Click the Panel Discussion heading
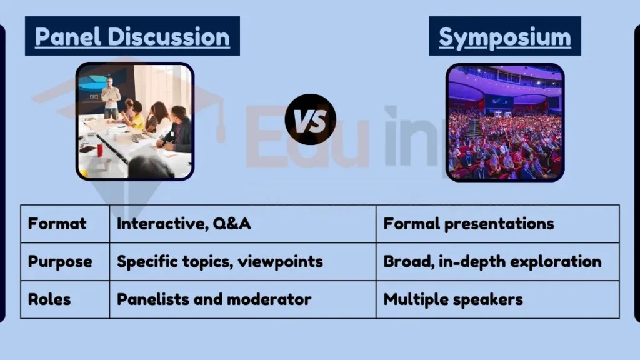click(132, 36)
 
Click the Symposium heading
click(504, 37)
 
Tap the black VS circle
click(310, 119)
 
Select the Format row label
click(57, 224)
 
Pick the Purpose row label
click(60, 261)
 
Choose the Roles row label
click(49, 299)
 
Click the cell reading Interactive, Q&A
click(184, 224)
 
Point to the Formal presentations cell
click(469, 224)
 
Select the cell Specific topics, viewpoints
click(220, 261)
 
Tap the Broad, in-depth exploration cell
click(492, 261)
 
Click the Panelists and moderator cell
click(214, 299)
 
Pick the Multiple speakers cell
click(453, 299)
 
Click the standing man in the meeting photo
click(111, 97)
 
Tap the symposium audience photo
click(505, 122)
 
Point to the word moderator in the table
click(273, 299)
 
